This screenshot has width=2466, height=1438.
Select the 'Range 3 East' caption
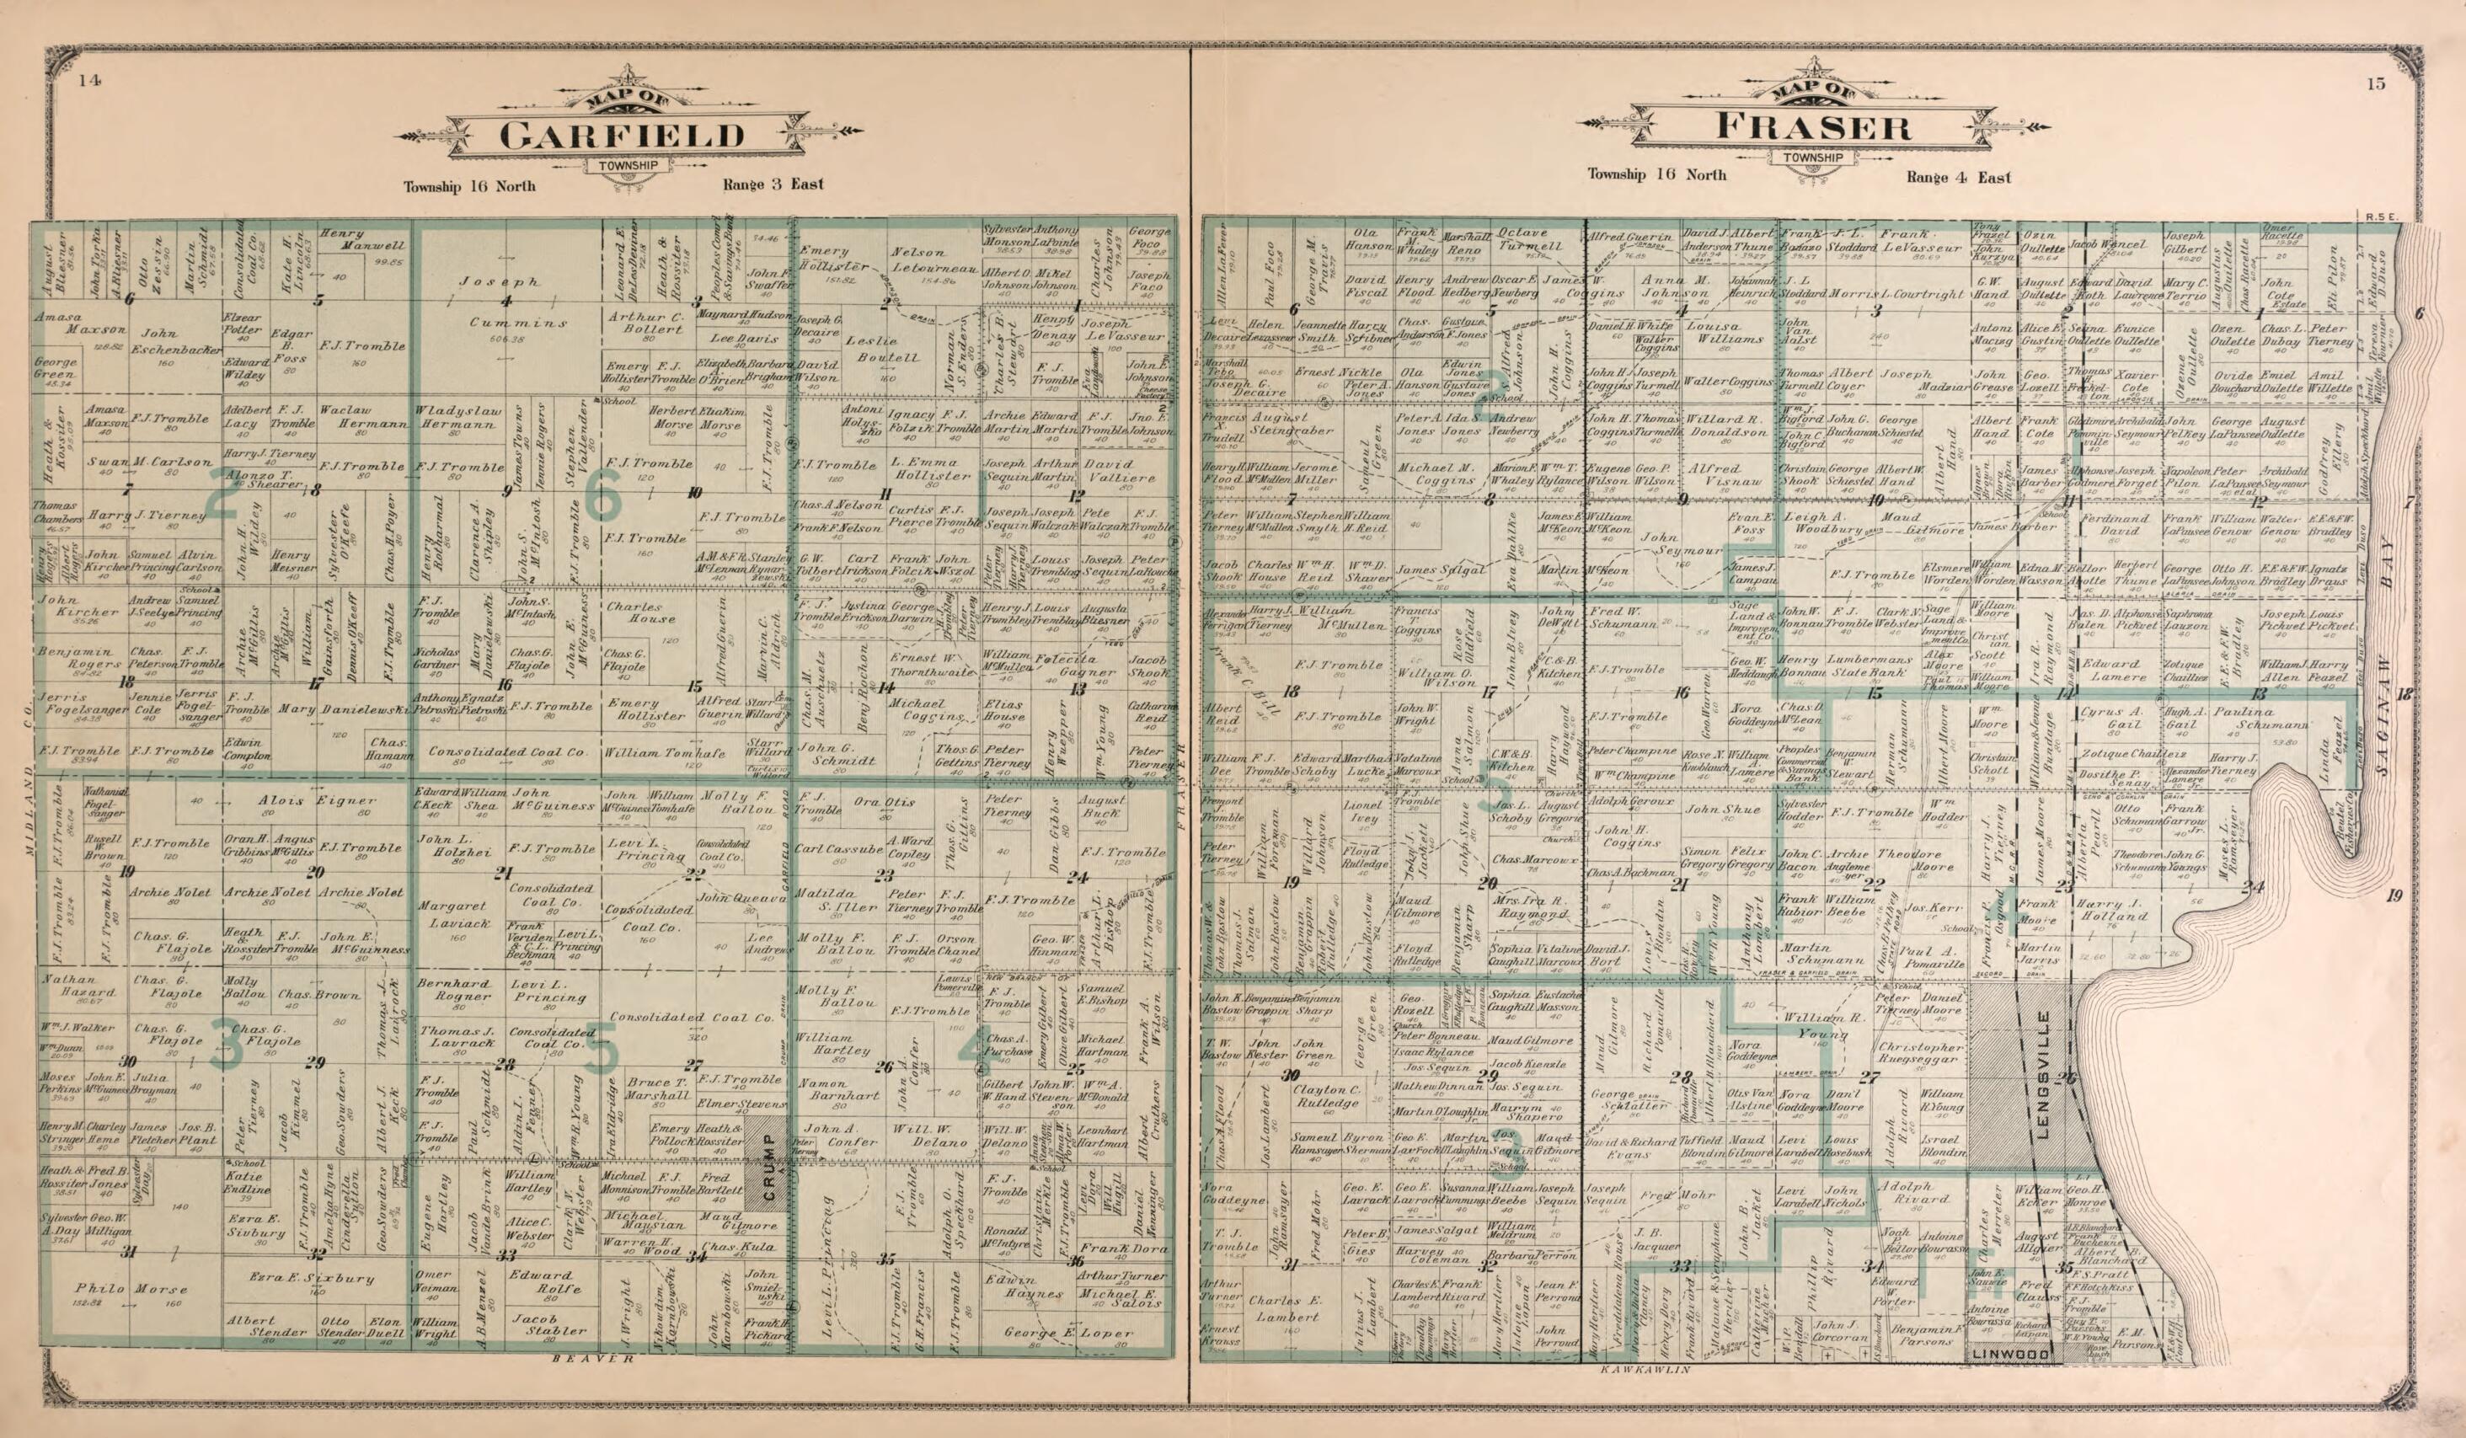(773, 184)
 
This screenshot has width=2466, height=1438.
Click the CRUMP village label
(768, 1168)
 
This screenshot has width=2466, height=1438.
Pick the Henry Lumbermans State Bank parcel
(1829, 666)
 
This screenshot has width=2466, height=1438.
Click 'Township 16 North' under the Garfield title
(470, 186)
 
